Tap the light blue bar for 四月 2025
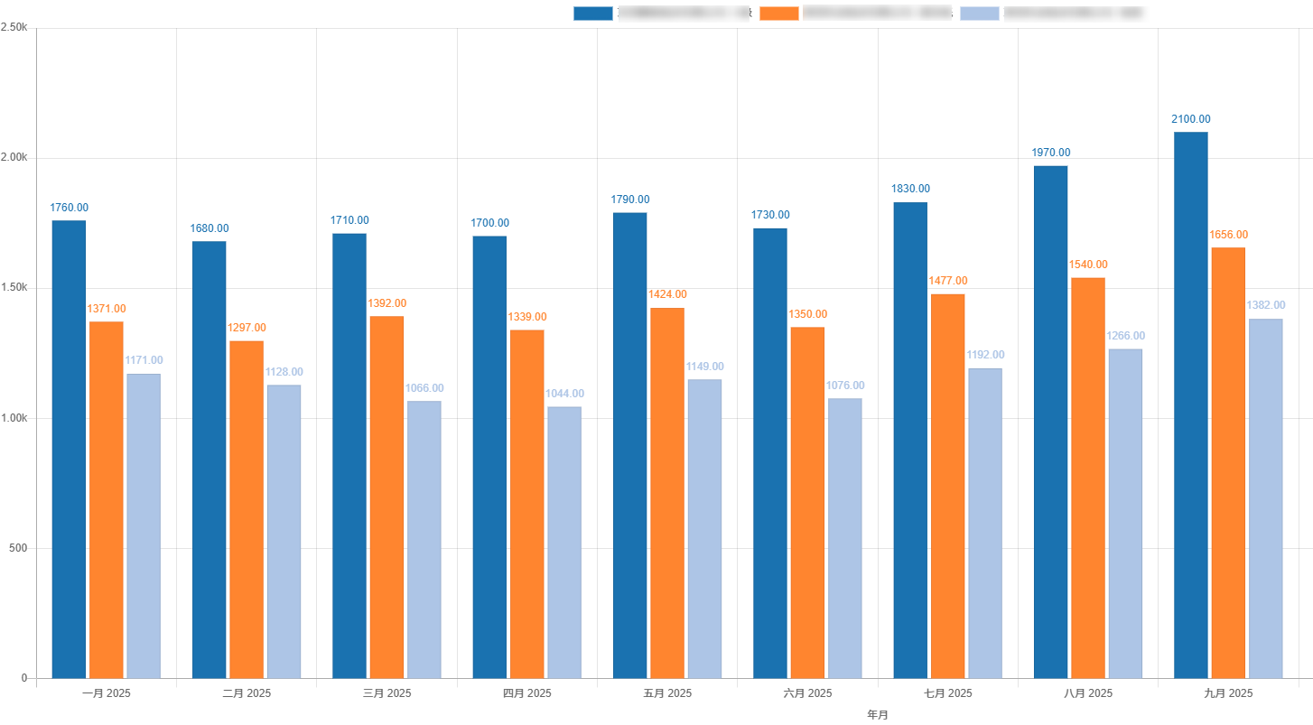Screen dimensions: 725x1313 click(564, 542)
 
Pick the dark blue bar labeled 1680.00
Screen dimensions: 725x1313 click(210, 460)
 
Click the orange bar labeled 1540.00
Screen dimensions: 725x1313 click(1088, 478)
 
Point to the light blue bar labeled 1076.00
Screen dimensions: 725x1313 click(844, 538)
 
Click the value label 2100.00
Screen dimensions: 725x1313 click(1190, 119)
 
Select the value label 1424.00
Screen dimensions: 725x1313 click(667, 294)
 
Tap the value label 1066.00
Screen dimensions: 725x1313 click(424, 388)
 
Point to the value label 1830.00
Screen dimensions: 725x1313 click(910, 189)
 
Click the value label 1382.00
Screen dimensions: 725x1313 click(1265, 305)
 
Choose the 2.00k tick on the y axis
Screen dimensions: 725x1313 click(14, 158)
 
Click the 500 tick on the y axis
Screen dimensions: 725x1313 click(18, 548)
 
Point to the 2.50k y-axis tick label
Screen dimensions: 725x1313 click(14, 28)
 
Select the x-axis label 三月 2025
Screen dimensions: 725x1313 click(386, 693)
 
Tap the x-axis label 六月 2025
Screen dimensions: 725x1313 click(807, 693)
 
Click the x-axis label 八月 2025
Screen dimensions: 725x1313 click(1088, 693)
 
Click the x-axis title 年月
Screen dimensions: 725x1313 click(878, 715)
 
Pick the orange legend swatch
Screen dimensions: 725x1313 click(779, 13)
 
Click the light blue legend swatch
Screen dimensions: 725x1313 click(980, 13)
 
